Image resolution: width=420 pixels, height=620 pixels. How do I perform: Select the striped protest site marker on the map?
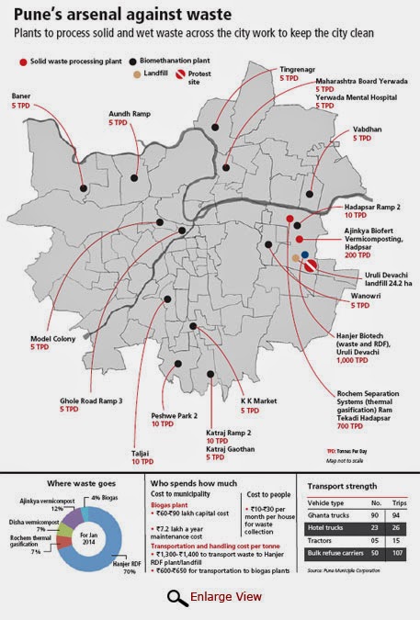311,266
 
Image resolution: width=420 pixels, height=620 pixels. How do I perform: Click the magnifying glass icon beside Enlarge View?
176,599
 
